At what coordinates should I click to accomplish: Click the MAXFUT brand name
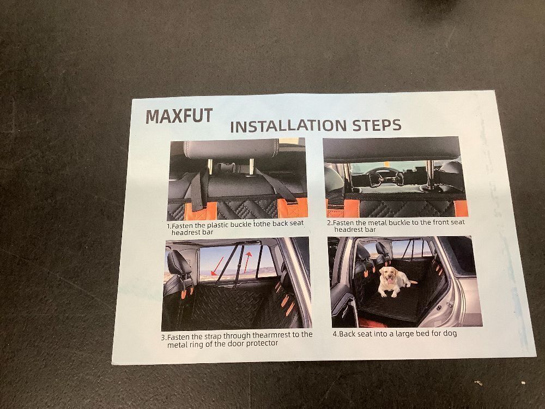tap(179, 116)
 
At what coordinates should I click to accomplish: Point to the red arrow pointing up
tap(246, 263)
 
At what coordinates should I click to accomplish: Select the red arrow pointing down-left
tap(217, 266)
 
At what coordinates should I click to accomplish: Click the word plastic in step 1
tap(217, 225)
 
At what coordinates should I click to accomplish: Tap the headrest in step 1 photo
tap(232, 149)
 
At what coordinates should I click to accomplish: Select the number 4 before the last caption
tap(335, 334)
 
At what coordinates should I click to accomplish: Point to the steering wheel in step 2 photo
tap(383, 173)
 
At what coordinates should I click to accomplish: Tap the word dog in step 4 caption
tap(450, 333)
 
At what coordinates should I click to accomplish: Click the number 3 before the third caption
tap(163, 338)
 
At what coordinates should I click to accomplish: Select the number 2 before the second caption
tap(329, 223)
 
